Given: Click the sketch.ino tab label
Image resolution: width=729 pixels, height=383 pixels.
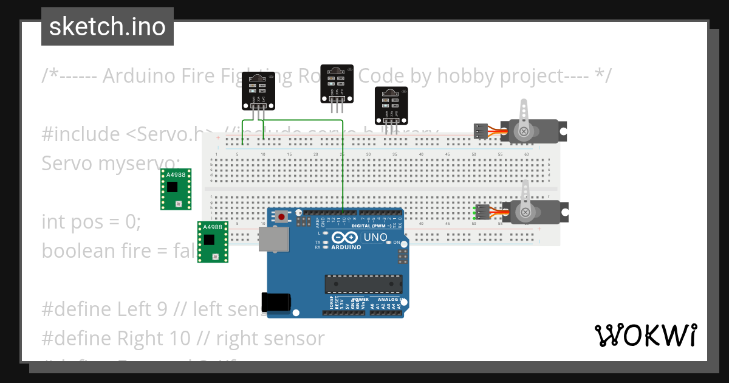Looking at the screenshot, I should (x=108, y=27).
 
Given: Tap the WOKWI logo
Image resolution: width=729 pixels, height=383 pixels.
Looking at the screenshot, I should (x=645, y=335).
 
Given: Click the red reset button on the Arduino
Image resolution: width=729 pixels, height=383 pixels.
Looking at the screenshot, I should (x=281, y=216).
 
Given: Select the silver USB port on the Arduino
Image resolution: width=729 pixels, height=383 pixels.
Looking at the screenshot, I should (x=275, y=240).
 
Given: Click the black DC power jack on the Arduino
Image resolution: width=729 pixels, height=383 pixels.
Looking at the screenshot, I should (x=276, y=302).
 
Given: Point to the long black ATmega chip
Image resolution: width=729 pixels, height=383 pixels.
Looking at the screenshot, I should (x=363, y=284).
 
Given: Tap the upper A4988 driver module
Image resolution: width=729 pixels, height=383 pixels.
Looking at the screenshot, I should (x=176, y=189).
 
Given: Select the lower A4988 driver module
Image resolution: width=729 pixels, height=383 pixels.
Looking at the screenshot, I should (x=213, y=241).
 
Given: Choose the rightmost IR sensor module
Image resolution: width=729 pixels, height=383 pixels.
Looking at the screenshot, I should (x=391, y=105).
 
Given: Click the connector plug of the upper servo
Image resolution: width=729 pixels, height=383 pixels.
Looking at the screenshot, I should (x=481, y=131).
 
